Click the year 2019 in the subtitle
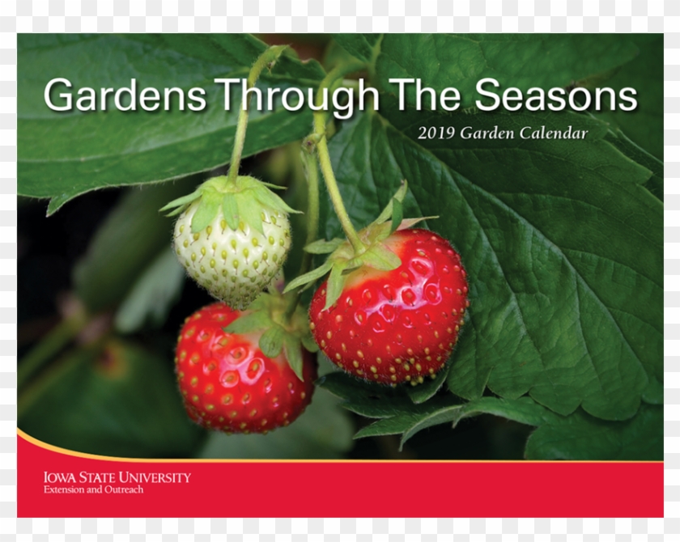(x=436, y=133)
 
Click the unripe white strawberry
(x=232, y=250)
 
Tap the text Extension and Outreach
(x=93, y=489)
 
